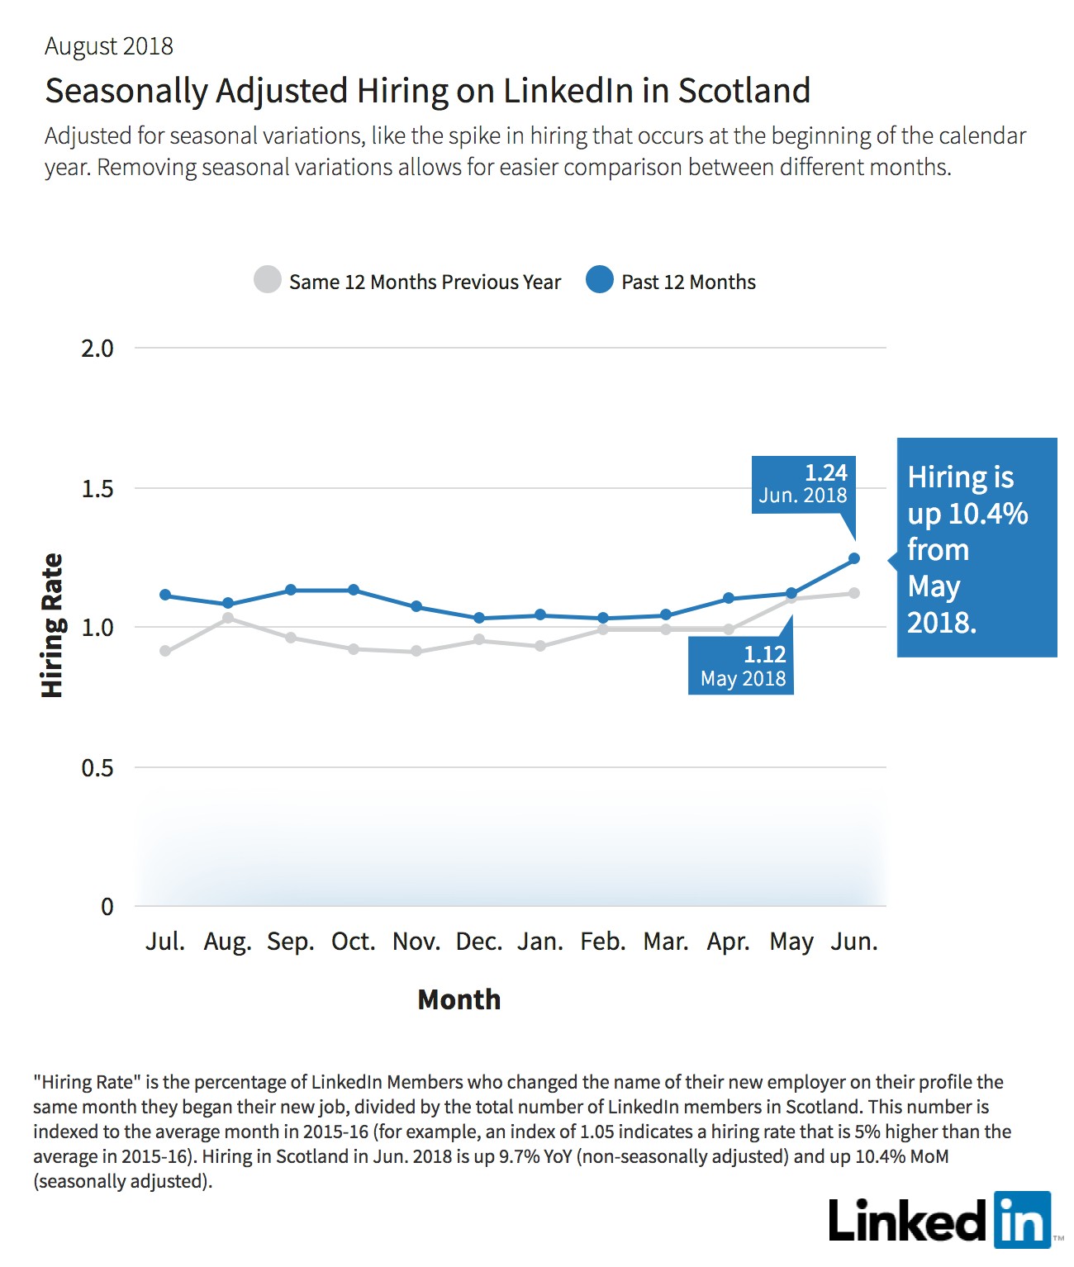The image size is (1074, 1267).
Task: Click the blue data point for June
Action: pyautogui.click(x=853, y=558)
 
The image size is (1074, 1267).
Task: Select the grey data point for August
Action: pyautogui.click(x=227, y=618)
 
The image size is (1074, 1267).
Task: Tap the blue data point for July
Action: pyautogui.click(x=165, y=595)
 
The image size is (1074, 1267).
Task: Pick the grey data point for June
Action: pyautogui.click(x=853, y=593)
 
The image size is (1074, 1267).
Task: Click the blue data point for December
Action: pyautogui.click(x=479, y=618)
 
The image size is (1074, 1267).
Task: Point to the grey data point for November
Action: pyautogui.click(x=416, y=651)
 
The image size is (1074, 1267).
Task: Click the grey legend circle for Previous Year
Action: pyautogui.click(x=268, y=279)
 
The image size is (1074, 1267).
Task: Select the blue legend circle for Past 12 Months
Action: pyautogui.click(x=600, y=279)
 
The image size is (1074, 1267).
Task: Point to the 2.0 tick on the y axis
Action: pyautogui.click(x=97, y=349)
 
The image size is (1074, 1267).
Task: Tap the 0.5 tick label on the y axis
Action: pyautogui.click(x=97, y=767)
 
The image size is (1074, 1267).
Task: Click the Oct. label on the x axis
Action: pyautogui.click(x=353, y=942)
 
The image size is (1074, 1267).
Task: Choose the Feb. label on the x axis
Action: pyautogui.click(x=603, y=942)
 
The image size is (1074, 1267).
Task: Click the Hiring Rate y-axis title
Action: pyautogui.click(x=52, y=626)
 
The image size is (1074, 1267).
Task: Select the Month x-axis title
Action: pyautogui.click(x=459, y=999)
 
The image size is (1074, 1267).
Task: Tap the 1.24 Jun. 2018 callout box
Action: pyautogui.click(x=804, y=484)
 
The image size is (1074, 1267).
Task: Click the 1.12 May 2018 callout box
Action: pyautogui.click(x=740, y=666)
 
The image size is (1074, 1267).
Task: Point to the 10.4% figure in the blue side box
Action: pyautogui.click(x=987, y=514)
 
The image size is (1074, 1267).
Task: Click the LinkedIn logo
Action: pyautogui.click(x=940, y=1220)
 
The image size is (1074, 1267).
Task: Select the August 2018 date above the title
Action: pyautogui.click(x=109, y=46)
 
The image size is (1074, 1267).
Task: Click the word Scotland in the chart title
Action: pyautogui.click(x=744, y=91)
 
